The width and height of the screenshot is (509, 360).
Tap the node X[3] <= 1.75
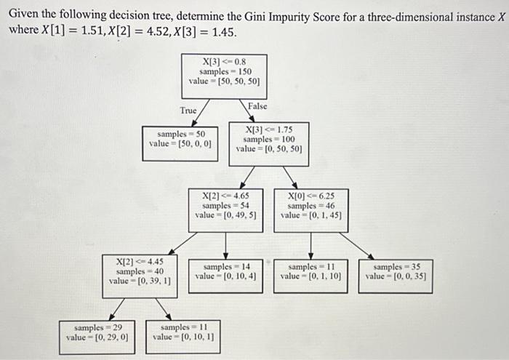269,140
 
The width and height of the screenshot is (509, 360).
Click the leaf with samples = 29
97,333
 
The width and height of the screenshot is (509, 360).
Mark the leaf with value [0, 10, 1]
183,333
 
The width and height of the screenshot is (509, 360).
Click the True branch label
189,111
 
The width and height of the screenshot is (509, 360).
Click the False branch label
257,106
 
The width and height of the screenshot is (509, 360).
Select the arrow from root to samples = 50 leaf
198,111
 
